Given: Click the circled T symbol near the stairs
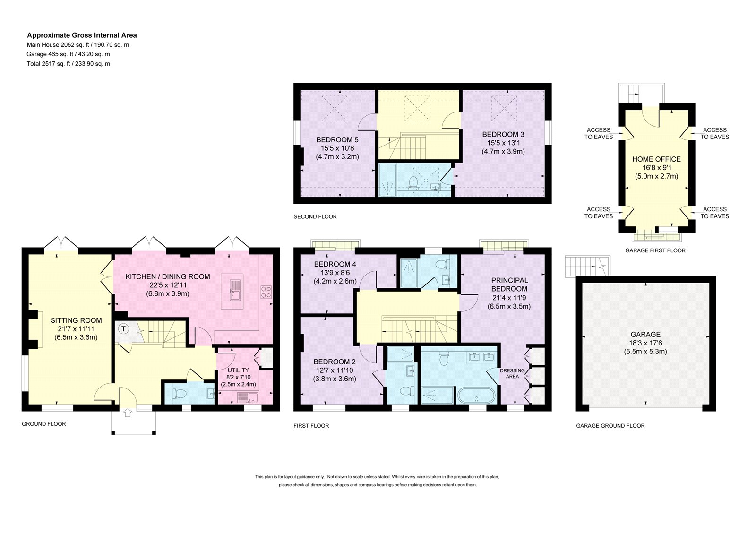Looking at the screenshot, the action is click(x=124, y=328).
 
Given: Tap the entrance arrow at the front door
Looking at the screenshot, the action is click(x=128, y=413).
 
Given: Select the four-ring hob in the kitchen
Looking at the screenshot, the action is click(x=266, y=292).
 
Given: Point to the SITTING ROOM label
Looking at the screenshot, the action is click(x=76, y=320).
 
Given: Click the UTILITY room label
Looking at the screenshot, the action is click(x=238, y=370).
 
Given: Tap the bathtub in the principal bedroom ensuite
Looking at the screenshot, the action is click(x=477, y=395).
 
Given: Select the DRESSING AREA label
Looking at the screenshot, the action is click(x=512, y=373).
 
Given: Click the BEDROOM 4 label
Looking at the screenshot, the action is click(x=335, y=264).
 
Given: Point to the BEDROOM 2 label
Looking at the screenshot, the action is click(x=335, y=362).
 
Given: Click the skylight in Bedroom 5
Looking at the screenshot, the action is click(x=334, y=108).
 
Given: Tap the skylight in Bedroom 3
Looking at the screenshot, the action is click(x=504, y=108).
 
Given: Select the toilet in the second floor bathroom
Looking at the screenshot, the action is click(x=413, y=182).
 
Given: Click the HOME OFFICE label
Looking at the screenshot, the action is click(x=656, y=159).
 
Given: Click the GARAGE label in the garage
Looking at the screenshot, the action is click(x=645, y=335).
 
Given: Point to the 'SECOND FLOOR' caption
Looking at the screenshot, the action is click(x=315, y=217).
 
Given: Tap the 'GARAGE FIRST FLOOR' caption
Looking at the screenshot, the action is click(x=655, y=250).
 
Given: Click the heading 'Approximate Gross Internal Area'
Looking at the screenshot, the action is click(x=82, y=35).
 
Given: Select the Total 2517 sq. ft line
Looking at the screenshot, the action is click(x=69, y=63).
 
